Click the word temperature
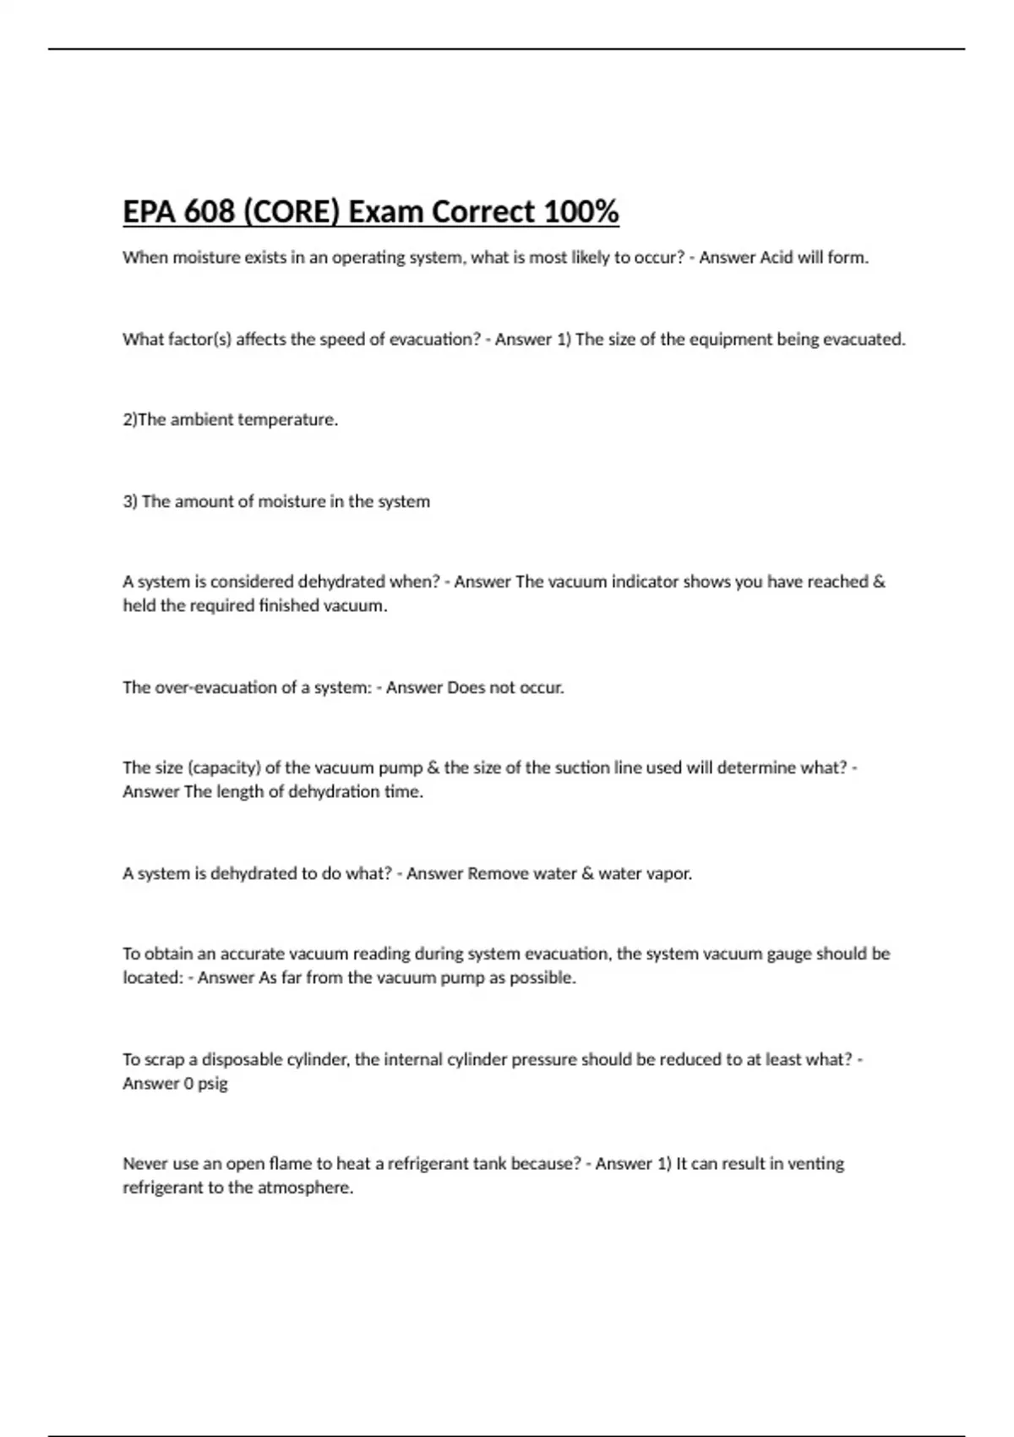(286, 420)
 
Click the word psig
(212, 1084)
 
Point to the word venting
(815, 1164)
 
